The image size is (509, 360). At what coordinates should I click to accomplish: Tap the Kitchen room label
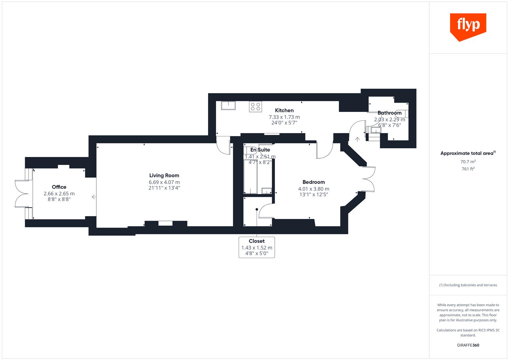[284, 110]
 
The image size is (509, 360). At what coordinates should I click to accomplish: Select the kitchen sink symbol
[228, 105]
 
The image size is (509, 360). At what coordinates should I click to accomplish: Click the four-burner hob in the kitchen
[255, 107]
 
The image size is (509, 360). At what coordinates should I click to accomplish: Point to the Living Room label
[164, 175]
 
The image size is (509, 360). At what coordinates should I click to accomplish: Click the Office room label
[59, 187]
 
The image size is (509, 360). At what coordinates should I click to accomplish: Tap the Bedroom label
[313, 182]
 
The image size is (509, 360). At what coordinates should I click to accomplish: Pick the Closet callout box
[257, 247]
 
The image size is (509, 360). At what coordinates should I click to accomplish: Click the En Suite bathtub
[250, 177]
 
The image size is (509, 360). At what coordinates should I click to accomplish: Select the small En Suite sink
[267, 191]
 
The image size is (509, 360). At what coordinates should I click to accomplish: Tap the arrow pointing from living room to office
[94, 197]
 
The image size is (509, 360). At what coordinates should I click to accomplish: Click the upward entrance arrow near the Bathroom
[357, 139]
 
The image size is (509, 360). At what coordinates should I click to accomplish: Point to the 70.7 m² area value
[468, 162]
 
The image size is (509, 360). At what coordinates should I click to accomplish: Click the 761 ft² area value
[468, 169]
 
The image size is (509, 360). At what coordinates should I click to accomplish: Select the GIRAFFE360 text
[468, 345]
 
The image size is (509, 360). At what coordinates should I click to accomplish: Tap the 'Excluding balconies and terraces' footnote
[468, 285]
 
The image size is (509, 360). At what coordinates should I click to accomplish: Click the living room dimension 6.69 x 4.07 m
[164, 182]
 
